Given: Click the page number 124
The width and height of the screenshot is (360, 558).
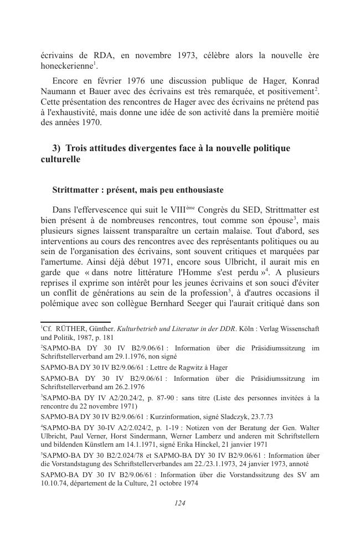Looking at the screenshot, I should [x=179, y=503].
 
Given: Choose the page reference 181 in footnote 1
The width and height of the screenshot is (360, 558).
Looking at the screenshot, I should [x=108, y=337].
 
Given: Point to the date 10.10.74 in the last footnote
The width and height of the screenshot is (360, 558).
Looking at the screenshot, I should [x=55, y=483].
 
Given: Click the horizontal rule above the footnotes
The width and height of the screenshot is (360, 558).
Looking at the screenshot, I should [x=75, y=321].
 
